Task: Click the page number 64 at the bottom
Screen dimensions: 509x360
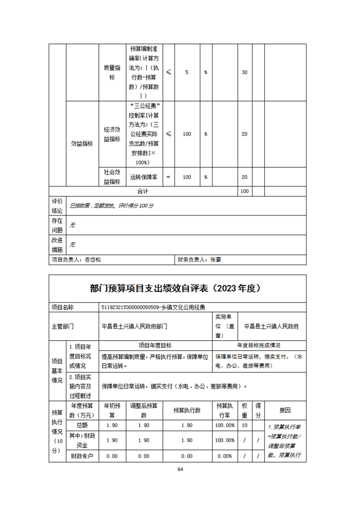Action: tap(180, 469)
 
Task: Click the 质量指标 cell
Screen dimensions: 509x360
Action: tap(112, 72)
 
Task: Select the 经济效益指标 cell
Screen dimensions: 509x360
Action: tap(112, 134)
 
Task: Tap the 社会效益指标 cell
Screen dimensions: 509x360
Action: tap(112, 177)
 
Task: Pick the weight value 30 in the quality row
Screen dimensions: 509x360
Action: tap(244, 73)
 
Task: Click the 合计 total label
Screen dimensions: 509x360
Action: tap(143, 191)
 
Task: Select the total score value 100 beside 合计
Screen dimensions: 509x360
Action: tap(244, 191)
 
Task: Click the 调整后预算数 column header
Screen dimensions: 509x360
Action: tap(143, 410)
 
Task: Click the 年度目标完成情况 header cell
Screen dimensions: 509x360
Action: tap(258, 345)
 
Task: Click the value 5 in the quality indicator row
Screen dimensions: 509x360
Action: tap(187, 73)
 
